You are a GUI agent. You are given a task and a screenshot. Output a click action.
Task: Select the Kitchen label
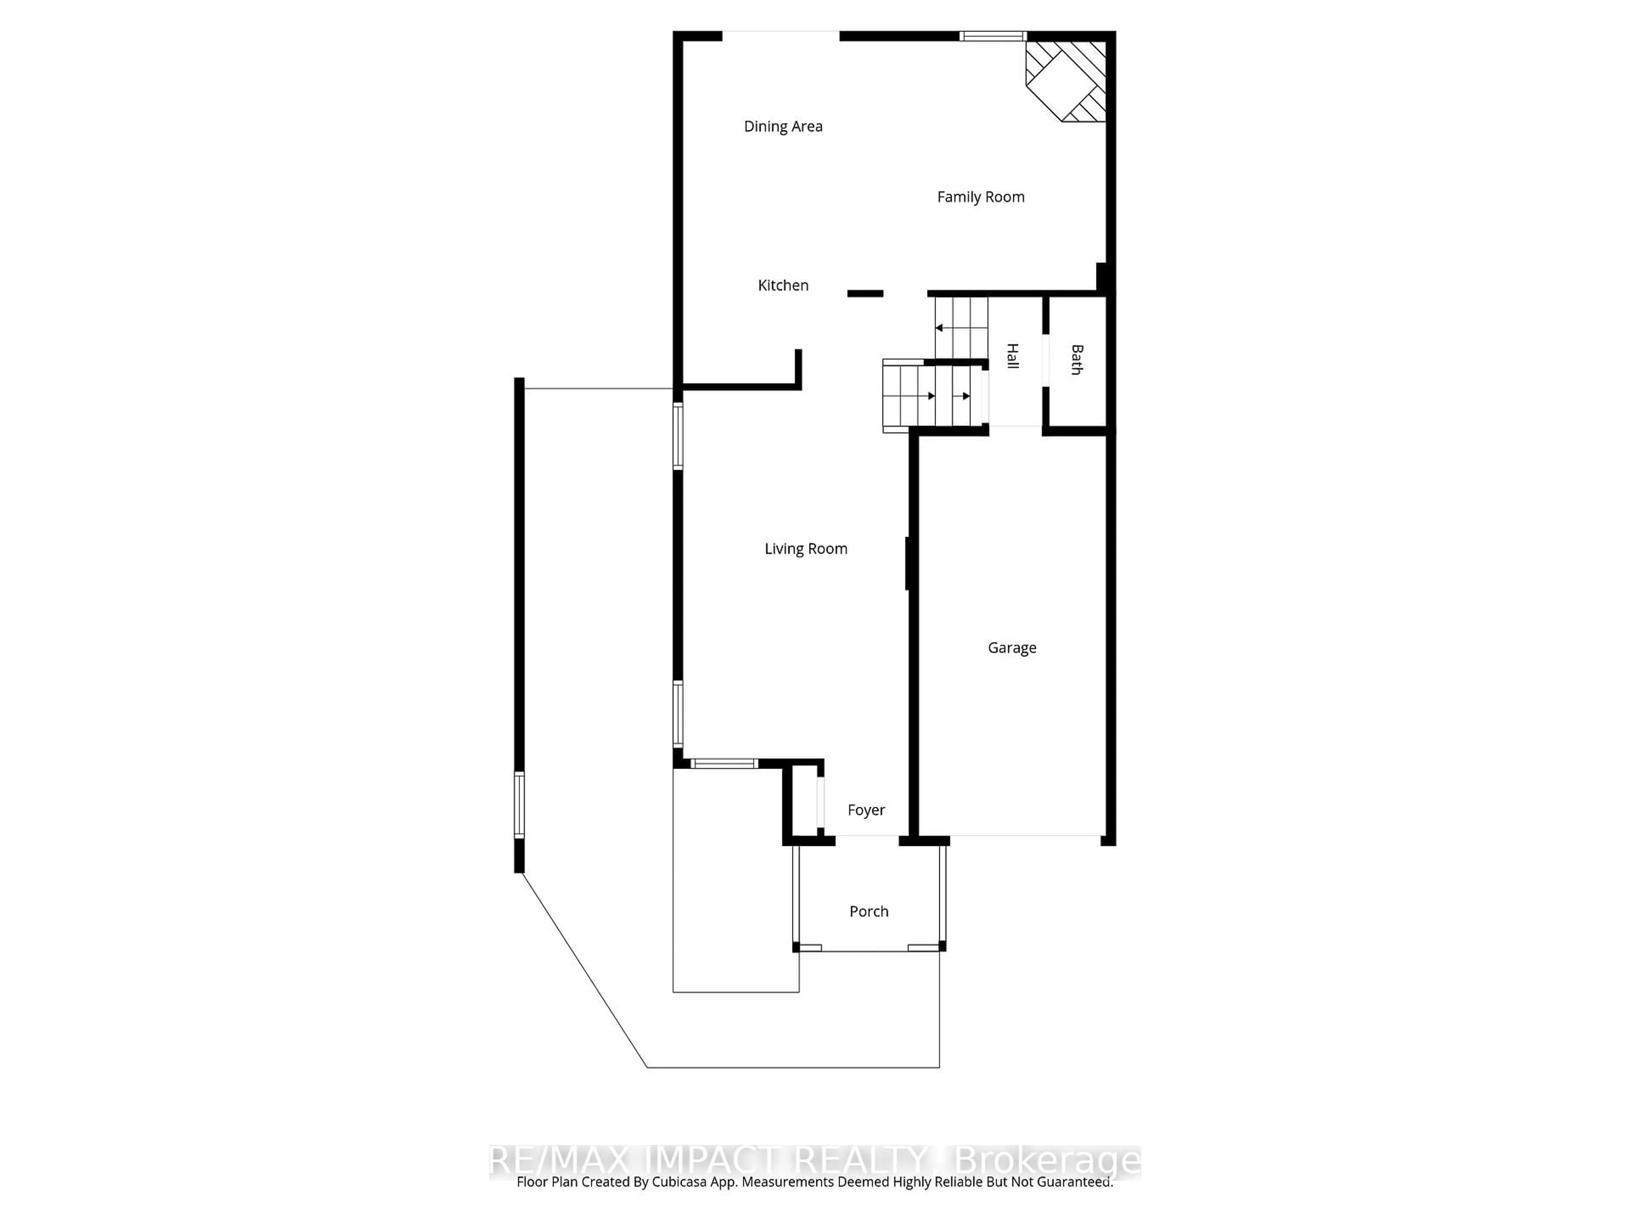(783, 285)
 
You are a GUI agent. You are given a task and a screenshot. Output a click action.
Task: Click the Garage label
(1012, 647)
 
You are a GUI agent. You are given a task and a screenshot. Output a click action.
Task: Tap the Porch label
(869, 911)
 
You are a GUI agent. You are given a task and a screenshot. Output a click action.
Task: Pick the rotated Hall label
(1012, 356)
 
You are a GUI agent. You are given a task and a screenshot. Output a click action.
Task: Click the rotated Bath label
(1076, 360)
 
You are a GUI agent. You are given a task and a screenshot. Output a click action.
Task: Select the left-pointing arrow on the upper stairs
(939, 327)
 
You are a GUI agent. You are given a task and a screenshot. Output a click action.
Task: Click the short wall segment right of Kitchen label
(865, 293)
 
